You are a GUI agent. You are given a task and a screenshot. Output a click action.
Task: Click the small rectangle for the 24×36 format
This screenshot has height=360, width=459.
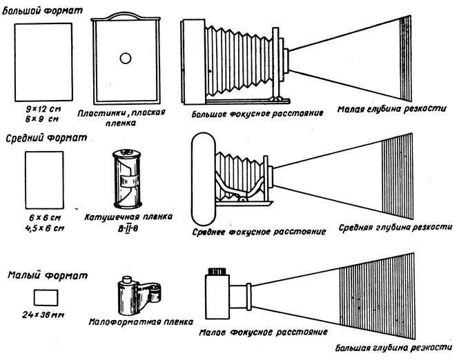point(46,297)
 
